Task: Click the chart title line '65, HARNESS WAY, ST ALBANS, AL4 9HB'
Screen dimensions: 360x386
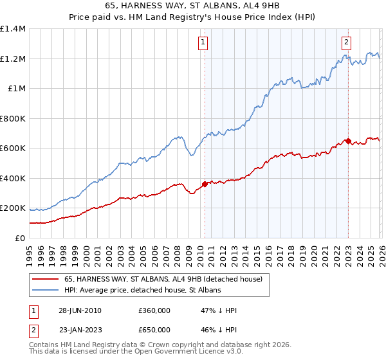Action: (192, 6)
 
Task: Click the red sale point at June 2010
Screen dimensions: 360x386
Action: (205, 184)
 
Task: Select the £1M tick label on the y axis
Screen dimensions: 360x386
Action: (17, 89)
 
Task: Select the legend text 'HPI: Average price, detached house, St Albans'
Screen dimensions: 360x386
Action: (142, 291)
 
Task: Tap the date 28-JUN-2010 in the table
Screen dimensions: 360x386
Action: (80, 310)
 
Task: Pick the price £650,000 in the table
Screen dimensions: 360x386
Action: (154, 329)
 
